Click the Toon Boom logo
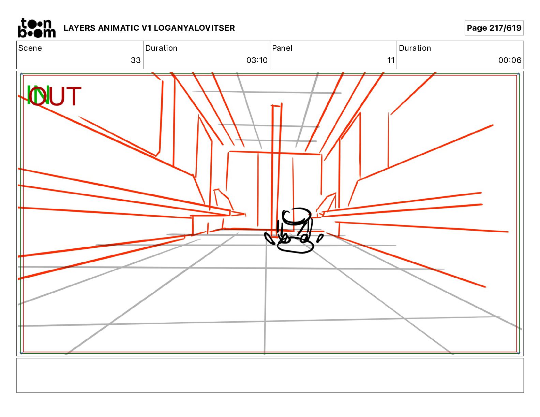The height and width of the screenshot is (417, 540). pos(36,28)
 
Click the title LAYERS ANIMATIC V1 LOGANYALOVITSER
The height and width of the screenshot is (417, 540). pos(149,28)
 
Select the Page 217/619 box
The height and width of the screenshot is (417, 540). pos(494,28)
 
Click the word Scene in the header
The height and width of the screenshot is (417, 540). pos(30,48)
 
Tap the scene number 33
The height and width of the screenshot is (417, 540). pos(135,60)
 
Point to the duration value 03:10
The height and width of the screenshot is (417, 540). pos(257,60)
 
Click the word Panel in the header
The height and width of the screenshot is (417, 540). pos(282,48)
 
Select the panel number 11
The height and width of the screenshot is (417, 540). pos(391,60)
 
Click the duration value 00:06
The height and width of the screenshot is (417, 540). pos(510,60)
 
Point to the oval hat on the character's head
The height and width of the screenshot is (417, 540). pos(296,216)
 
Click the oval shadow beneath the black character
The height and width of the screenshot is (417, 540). pos(295,247)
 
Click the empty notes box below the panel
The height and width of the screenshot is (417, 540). pos(270,375)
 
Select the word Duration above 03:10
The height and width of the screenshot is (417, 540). pos(161,48)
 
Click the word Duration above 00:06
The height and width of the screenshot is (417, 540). pos(415,48)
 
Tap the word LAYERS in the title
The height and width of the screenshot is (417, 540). pos(79,28)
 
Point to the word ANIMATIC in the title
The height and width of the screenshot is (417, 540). pos(118,28)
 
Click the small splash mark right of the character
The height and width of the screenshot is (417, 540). pos(319,238)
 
